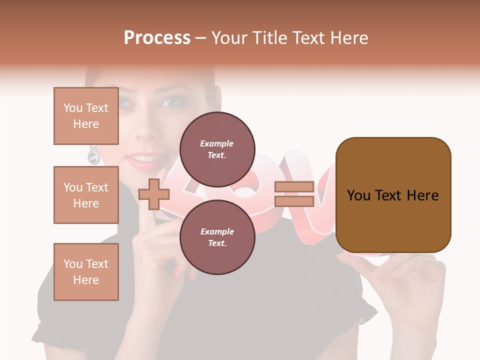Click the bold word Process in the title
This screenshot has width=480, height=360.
157,37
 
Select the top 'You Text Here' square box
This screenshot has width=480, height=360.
86,116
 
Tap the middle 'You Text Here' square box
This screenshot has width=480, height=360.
86,195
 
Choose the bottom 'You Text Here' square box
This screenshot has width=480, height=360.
86,272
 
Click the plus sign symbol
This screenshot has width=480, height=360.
154,194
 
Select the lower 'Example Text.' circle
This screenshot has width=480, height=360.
217,237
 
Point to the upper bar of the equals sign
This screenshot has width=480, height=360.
294,187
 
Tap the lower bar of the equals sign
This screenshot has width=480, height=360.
294,201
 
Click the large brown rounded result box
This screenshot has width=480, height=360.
393,195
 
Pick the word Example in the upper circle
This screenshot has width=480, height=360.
216,143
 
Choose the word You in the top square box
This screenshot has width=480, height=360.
73,108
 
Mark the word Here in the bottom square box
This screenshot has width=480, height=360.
86,280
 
